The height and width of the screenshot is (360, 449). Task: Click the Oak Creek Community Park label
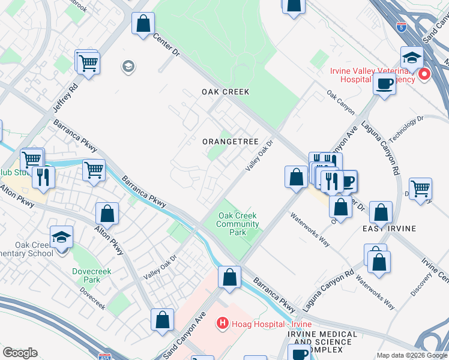pyautogui.click(x=238, y=224)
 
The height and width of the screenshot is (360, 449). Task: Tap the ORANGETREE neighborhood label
pyautogui.click(x=230, y=142)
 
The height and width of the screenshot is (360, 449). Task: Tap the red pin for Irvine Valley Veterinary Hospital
pyautogui.click(x=424, y=74)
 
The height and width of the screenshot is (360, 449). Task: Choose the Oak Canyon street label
pyautogui.click(x=340, y=103)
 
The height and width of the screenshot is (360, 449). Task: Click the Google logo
pyautogui.click(x=20, y=353)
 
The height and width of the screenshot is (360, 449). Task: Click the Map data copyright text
pyautogui.click(x=412, y=355)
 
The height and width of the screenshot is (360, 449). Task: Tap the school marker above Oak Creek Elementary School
pyautogui.click(x=62, y=237)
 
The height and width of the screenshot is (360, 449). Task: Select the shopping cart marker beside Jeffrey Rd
pyautogui.click(x=88, y=62)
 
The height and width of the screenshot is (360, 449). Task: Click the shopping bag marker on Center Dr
pyautogui.click(x=143, y=25)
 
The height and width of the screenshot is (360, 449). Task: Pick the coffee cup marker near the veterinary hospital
pyautogui.click(x=384, y=83)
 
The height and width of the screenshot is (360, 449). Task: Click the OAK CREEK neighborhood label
pyautogui.click(x=225, y=92)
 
